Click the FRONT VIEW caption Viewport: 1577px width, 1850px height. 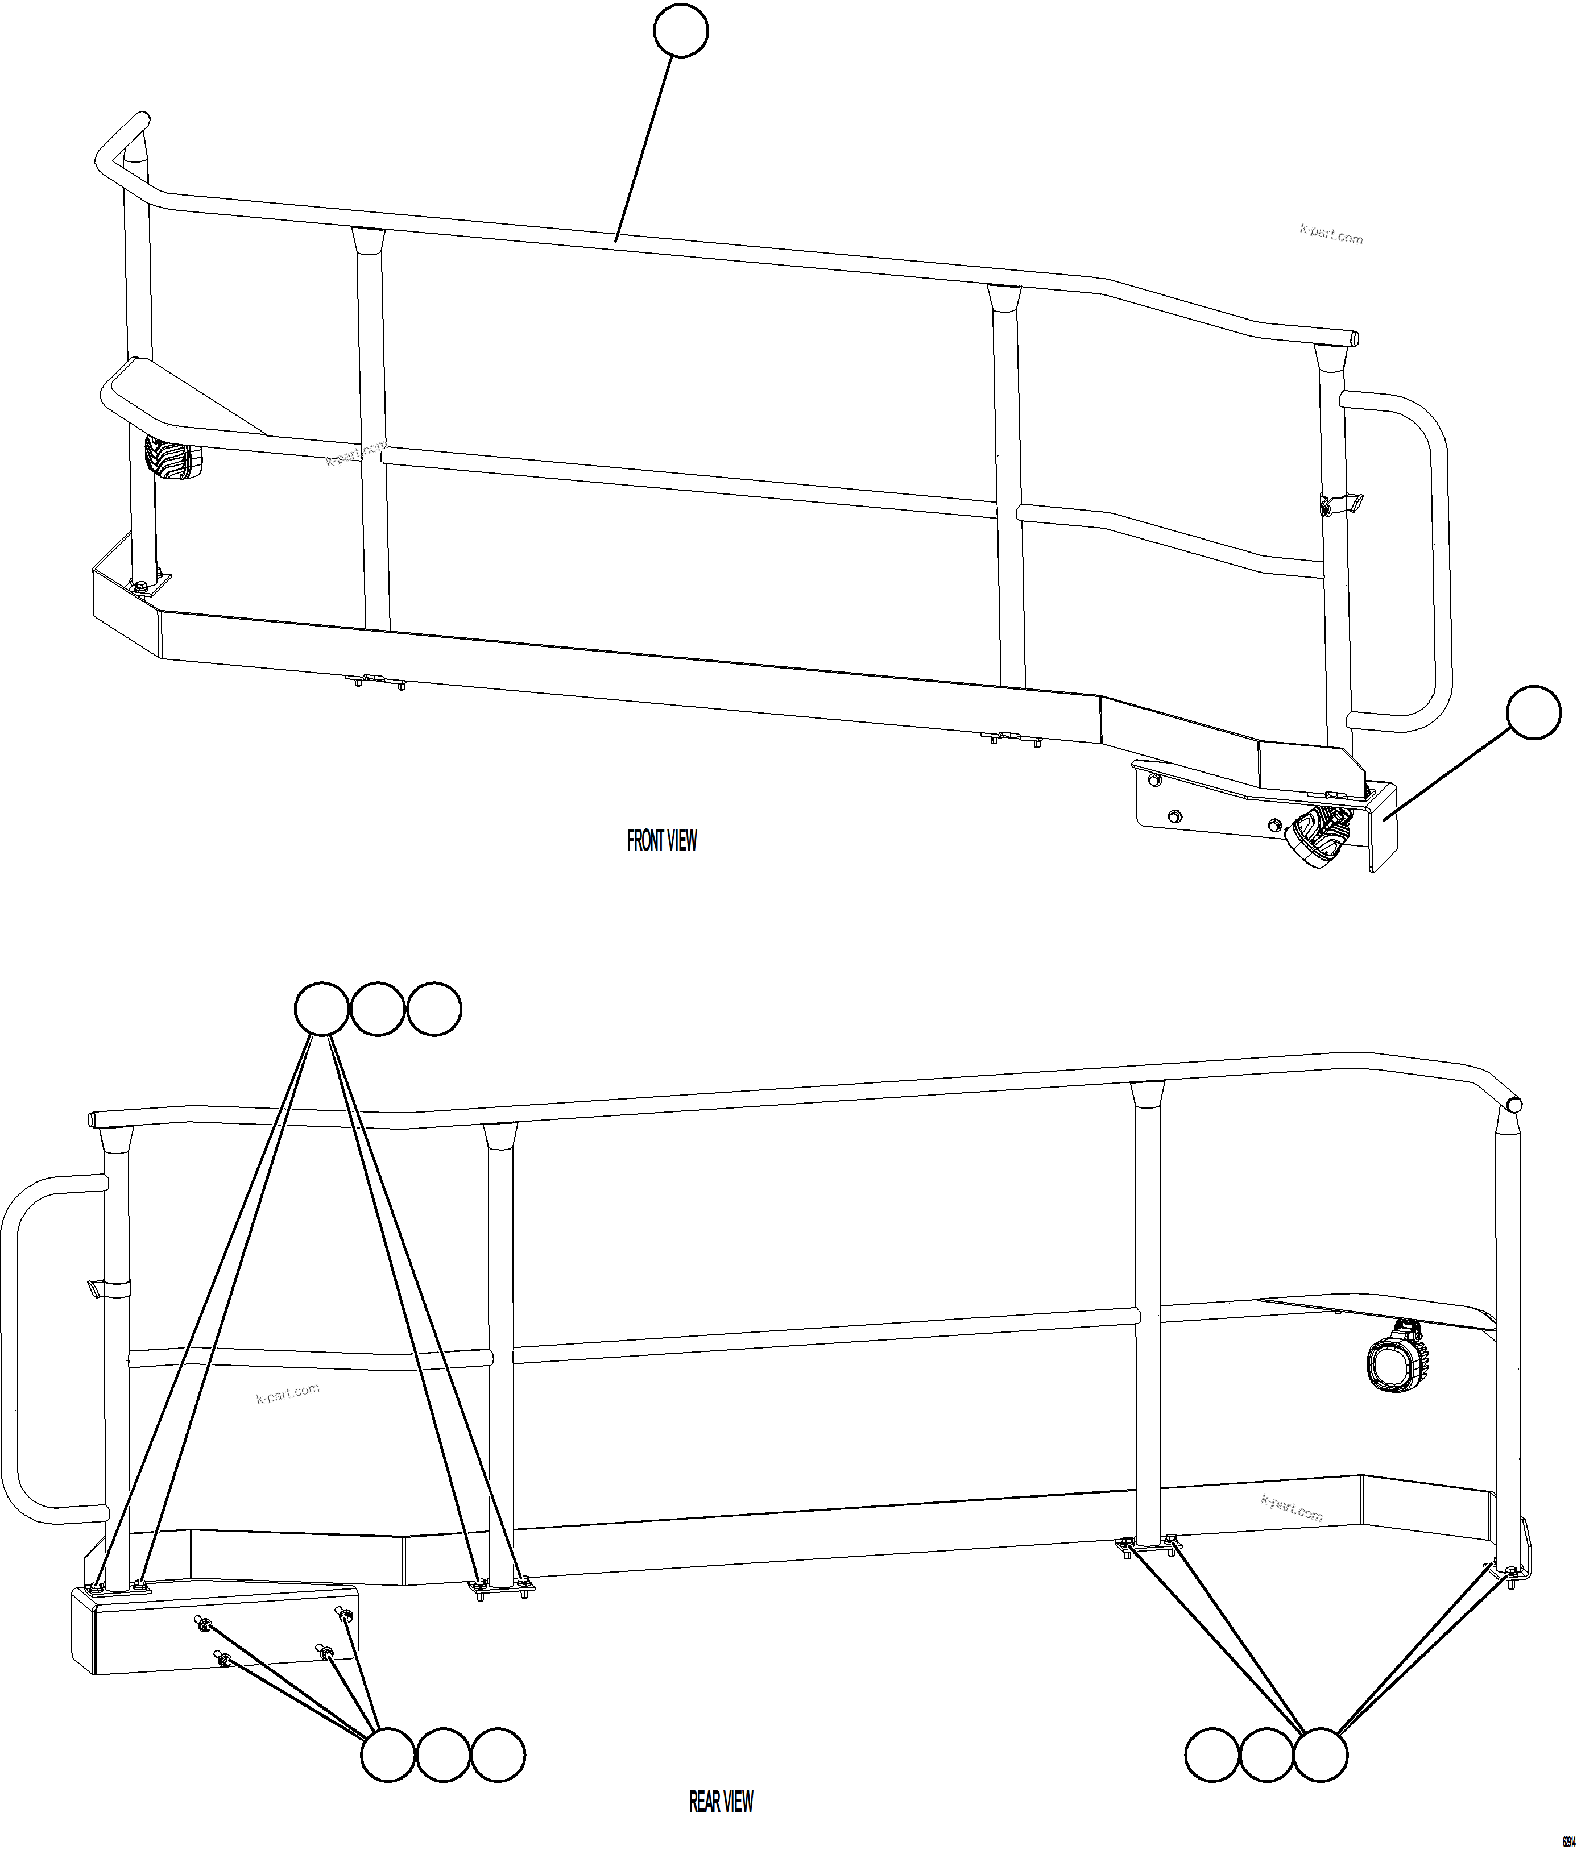coord(662,840)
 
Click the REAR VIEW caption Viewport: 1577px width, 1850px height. coord(721,1802)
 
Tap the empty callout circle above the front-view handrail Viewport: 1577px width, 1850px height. coord(681,31)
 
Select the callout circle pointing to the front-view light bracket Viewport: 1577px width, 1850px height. coord(1533,712)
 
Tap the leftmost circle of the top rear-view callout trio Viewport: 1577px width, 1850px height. coord(321,1009)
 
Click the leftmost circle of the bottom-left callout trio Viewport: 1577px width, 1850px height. coord(387,1754)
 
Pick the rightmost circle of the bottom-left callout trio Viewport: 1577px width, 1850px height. coord(498,1754)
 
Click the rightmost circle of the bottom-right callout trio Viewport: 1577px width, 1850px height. coord(1321,1754)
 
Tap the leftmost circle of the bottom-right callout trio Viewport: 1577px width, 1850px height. coord(1212,1754)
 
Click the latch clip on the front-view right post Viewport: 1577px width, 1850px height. coord(1339,504)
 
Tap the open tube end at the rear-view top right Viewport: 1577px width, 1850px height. coord(1514,1105)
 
